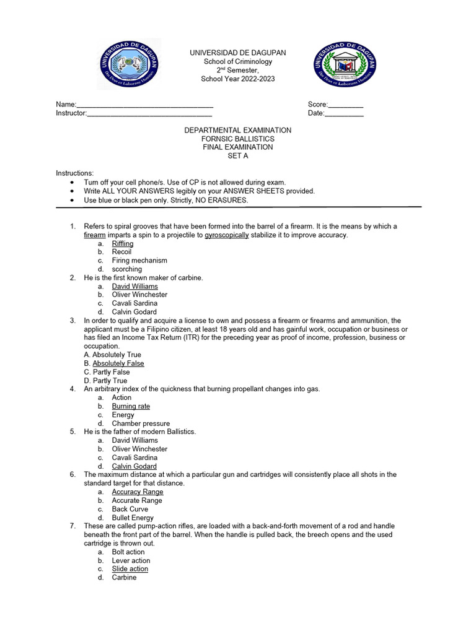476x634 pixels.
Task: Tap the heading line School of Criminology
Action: (x=237, y=62)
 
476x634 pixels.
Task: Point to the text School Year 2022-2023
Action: (x=237, y=79)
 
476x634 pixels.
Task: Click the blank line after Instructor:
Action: (x=149, y=114)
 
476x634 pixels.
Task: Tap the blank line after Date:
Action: (x=344, y=114)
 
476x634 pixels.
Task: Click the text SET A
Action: (x=237, y=156)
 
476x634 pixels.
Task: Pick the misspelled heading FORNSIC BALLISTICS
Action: (x=237, y=139)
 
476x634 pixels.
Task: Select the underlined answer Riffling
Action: (x=123, y=244)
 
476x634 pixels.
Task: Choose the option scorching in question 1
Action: (x=126, y=269)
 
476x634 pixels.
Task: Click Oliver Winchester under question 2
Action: (x=139, y=295)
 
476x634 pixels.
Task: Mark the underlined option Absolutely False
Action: (x=118, y=363)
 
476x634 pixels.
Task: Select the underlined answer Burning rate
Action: (x=131, y=406)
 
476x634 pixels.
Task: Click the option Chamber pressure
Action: (x=141, y=423)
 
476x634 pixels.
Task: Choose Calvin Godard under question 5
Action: (x=134, y=466)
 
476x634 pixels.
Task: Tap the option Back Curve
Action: (x=130, y=509)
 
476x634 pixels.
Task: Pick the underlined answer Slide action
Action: (x=130, y=569)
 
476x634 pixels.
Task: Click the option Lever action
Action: (x=131, y=560)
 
